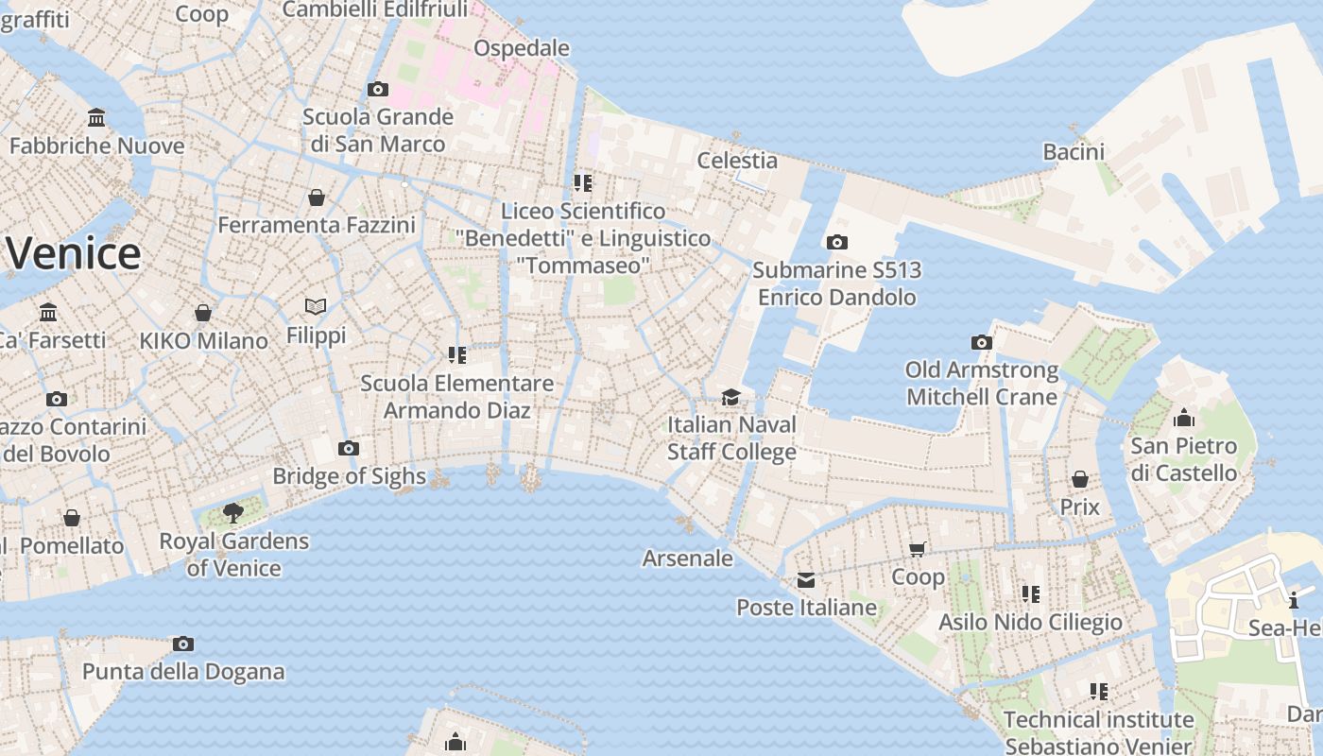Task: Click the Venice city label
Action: pos(74,253)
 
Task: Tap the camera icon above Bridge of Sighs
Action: pos(349,448)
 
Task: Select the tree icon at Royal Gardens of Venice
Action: pos(232,513)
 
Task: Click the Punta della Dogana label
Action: pos(183,672)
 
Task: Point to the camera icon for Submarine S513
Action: pos(836,243)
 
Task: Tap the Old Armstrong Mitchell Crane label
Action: pos(981,383)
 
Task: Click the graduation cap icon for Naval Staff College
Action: pos(730,397)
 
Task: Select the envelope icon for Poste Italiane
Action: pos(806,580)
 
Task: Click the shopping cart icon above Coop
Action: pos(917,549)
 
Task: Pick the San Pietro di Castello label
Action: pos(1184,458)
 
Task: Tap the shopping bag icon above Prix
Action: pos(1079,479)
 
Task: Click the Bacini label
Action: pos(1074,151)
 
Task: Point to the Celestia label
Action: pos(737,160)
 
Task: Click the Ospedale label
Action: pos(522,47)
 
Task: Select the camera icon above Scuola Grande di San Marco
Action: pos(378,90)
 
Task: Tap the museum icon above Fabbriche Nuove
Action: pos(96,118)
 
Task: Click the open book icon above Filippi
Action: pos(316,307)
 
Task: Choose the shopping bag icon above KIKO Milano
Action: pos(203,313)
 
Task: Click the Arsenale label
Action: pos(688,558)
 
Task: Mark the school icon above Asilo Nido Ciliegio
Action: pos(1031,593)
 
